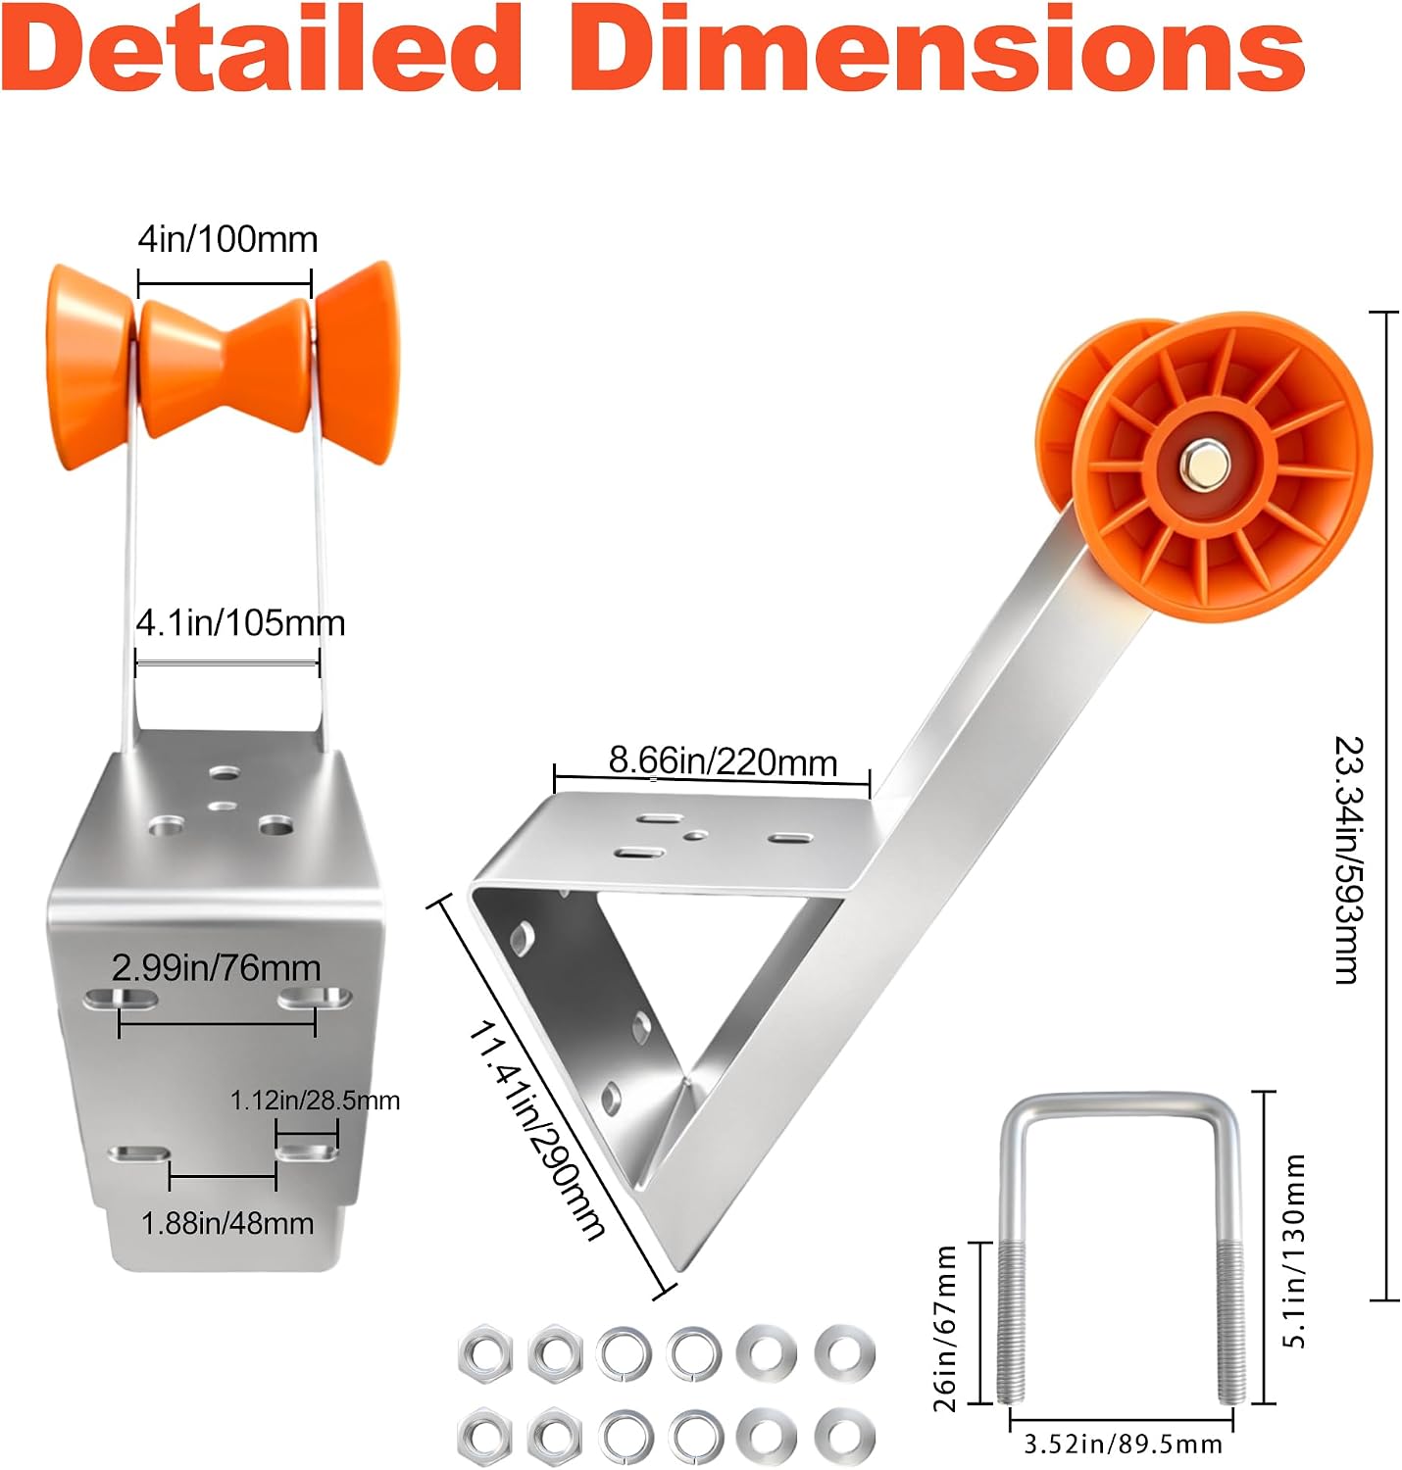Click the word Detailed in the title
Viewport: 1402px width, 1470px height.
[262, 49]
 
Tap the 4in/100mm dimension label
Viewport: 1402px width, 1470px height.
[228, 239]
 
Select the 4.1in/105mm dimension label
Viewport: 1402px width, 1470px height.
[240, 623]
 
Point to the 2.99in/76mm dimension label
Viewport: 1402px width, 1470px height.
[217, 967]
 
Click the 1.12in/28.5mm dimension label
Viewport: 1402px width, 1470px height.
[315, 1100]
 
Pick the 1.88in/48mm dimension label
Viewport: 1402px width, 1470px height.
[227, 1223]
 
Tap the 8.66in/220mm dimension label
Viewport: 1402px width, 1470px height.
[723, 761]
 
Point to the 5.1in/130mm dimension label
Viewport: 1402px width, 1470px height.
[1293, 1250]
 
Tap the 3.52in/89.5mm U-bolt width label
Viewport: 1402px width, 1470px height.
[1123, 1444]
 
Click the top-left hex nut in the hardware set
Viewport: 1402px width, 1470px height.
[485, 1352]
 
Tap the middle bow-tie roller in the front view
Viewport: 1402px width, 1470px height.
[225, 367]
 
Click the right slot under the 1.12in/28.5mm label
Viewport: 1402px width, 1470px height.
[307, 1153]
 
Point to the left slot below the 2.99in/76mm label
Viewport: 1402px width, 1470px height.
[121, 999]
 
